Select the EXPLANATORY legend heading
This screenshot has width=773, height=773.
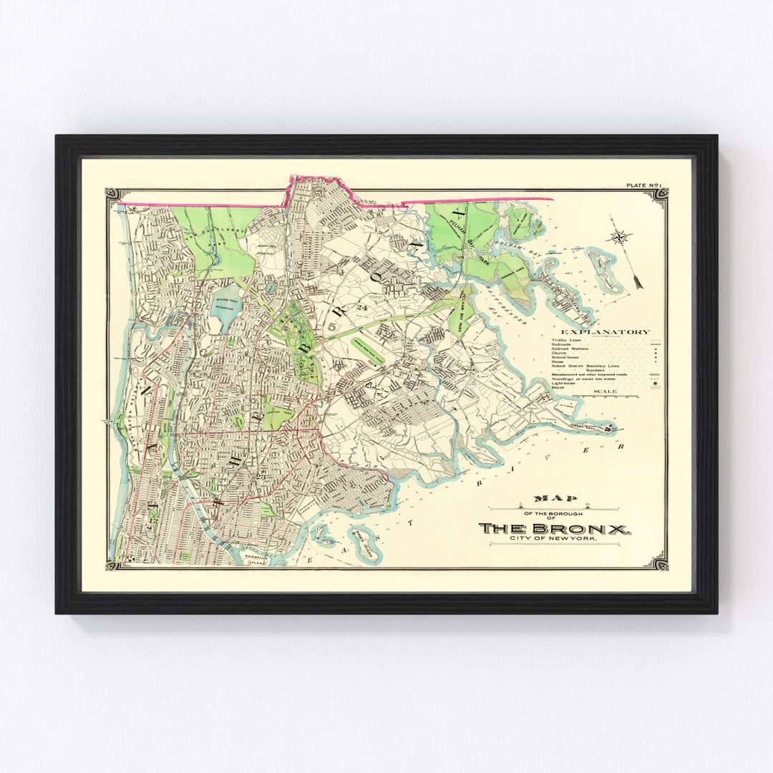click(x=606, y=331)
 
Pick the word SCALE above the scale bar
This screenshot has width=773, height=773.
click(x=605, y=392)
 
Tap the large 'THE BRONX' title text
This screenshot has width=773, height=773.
click(x=555, y=528)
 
